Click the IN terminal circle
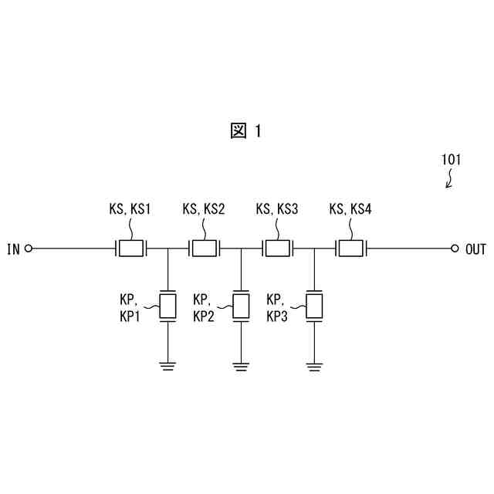pyautogui.click(x=29, y=249)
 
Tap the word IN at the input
pyautogui.click(x=13, y=249)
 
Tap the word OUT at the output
pyautogui.click(x=475, y=249)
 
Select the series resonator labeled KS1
pyautogui.click(x=130, y=249)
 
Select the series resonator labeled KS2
pyautogui.click(x=205, y=249)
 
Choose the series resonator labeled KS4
pyautogui.click(x=351, y=249)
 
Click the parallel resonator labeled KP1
pyautogui.click(x=167, y=306)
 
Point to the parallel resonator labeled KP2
pyautogui.click(x=242, y=306)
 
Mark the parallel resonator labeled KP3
pyautogui.click(x=314, y=306)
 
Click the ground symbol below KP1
pyautogui.click(x=167, y=365)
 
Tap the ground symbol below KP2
pyautogui.click(x=242, y=365)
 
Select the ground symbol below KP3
pyautogui.click(x=314, y=365)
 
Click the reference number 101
pyautogui.click(x=451, y=161)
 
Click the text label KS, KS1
pyautogui.click(x=130, y=209)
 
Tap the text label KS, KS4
pyautogui.click(x=350, y=209)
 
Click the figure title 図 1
pyautogui.click(x=246, y=131)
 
